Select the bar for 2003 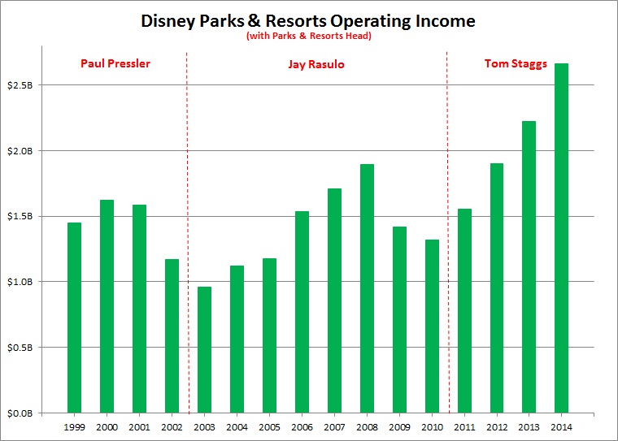(x=204, y=349)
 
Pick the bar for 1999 (x=75, y=318)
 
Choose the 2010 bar (x=432, y=326)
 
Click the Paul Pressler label (x=115, y=63)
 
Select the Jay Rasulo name (x=317, y=63)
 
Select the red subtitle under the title (x=308, y=37)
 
